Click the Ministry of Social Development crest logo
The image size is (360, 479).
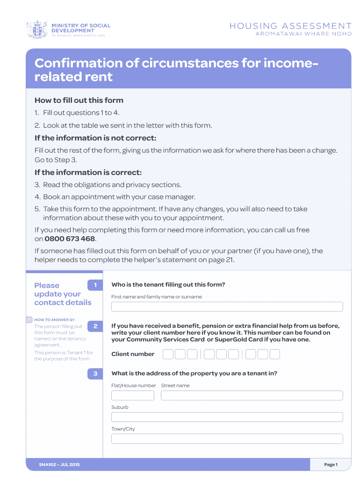click(x=36, y=29)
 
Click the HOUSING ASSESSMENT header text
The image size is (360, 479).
click(x=290, y=26)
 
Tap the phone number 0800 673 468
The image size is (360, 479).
click(x=70, y=239)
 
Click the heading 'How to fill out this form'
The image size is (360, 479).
click(x=79, y=100)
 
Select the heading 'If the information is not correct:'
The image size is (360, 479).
click(x=95, y=138)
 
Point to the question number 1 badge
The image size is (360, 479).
click(x=95, y=285)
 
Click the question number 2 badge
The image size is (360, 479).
click(x=95, y=326)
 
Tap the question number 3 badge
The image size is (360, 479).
click(x=95, y=374)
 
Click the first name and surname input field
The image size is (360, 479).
click(x=227, y=307)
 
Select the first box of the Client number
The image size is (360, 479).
click(x=168, y=354)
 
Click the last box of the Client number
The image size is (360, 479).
click(x=275, y=354)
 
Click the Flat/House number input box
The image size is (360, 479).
click(x=133, y=396)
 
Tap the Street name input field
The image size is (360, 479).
click(x=252, y=396)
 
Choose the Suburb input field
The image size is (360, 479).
click(x=227, y=417)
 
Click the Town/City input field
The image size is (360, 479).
click(x=227, y=439)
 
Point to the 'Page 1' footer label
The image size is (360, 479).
click(x=331, y=464)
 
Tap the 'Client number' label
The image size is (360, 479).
click(x=133, y=354)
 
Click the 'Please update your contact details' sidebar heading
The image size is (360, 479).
click(x=63, y=294)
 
